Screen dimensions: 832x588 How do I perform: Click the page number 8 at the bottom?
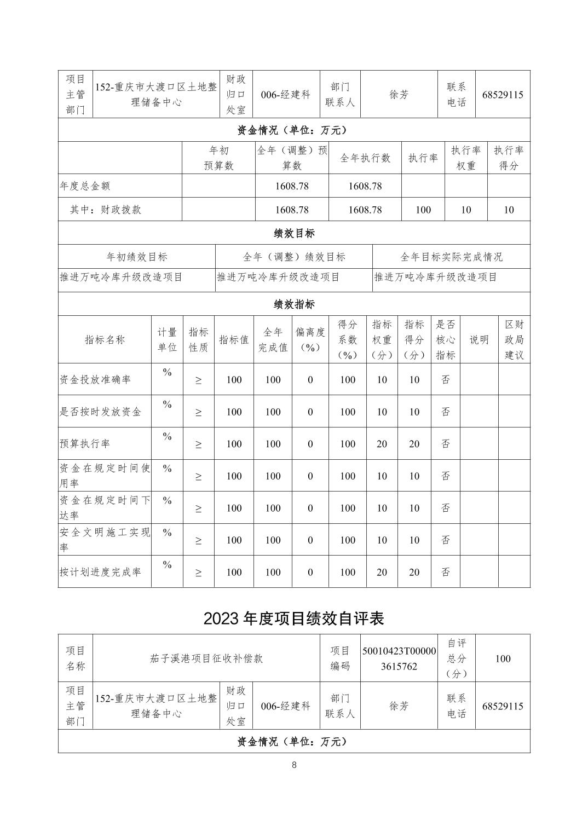[x=294, y=765]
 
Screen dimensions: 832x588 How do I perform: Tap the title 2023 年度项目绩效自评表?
[x=294, y=618]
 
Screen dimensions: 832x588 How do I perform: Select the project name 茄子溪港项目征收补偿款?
[x=206, y=658]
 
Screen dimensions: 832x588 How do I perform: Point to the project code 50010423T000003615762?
[x=399, y=658]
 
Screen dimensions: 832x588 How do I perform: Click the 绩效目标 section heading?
[x=294, y=233]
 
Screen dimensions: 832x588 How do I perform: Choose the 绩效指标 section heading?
[x=294, y=304]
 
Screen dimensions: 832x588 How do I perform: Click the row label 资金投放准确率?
[x=95, y=379]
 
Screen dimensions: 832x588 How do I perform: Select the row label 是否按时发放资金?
[x=100, y=412]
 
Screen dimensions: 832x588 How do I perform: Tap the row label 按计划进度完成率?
[x=100, y=572]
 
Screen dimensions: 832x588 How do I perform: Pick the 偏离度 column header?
[x=310, y=339]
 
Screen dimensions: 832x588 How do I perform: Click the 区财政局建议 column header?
[x=514, y=339]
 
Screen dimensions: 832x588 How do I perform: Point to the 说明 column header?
[x=479, y=339]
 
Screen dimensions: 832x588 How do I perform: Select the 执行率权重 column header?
[x=465, y=158]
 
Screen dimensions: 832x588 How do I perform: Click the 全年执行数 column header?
[x=365, y=158]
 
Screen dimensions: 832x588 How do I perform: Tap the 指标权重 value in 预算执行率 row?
[x=382, y=444]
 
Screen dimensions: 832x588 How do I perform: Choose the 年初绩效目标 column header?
[x=137, y=257]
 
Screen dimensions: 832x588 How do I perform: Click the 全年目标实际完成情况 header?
[x=451, y=257]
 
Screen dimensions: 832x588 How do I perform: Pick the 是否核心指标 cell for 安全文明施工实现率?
[x=446, y=540]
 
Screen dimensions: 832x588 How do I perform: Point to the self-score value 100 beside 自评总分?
[x=503, y=658]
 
